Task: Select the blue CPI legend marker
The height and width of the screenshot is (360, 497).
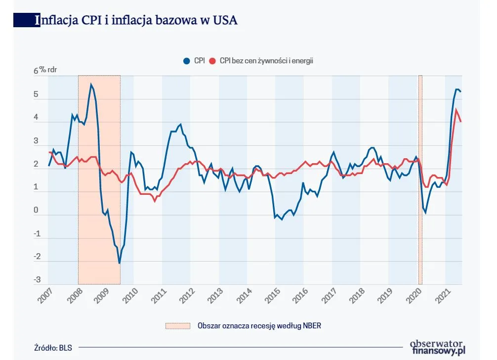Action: (186, 61)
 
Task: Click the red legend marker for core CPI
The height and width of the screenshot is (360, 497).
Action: (213, 61)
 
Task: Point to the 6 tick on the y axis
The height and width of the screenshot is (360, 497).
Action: (36, 71)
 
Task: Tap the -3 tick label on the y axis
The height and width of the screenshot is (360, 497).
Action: (37, 280)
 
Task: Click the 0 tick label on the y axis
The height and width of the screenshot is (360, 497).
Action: (36, 211)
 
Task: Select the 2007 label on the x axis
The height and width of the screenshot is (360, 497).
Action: (45, 297)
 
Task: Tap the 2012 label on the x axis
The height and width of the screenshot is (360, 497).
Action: (187, 297)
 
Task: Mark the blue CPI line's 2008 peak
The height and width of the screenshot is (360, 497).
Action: (91, 85)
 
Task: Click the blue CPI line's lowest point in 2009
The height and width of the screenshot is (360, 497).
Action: (119, 263)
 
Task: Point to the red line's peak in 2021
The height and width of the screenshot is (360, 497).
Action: (456, 109)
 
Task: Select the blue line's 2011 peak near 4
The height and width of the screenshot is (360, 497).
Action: (180, 124)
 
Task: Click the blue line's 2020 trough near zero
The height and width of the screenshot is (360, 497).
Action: (425, 213)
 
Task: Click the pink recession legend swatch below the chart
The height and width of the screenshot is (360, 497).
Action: (177, 325)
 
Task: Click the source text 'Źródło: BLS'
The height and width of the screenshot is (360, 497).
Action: (53, 347)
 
